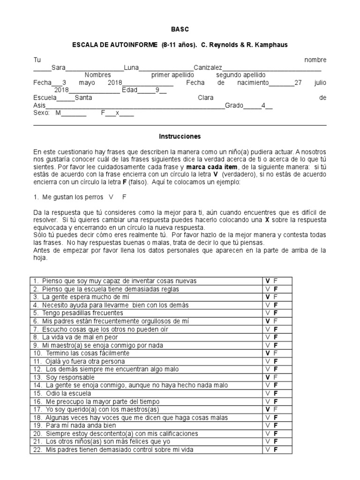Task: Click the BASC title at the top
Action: [180, 29]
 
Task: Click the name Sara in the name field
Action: [59, 67]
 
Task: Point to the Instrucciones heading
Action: [180, 136]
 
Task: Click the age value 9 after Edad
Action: [158, 90]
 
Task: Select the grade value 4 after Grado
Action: [263, 106]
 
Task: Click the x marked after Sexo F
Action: [118, 113]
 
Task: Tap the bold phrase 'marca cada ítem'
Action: [212, 167]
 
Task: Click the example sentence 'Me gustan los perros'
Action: [72, 197]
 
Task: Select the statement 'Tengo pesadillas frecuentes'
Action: [82, 313]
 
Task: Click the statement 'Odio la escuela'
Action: [67, 393]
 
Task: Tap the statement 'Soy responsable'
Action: [68, 377]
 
